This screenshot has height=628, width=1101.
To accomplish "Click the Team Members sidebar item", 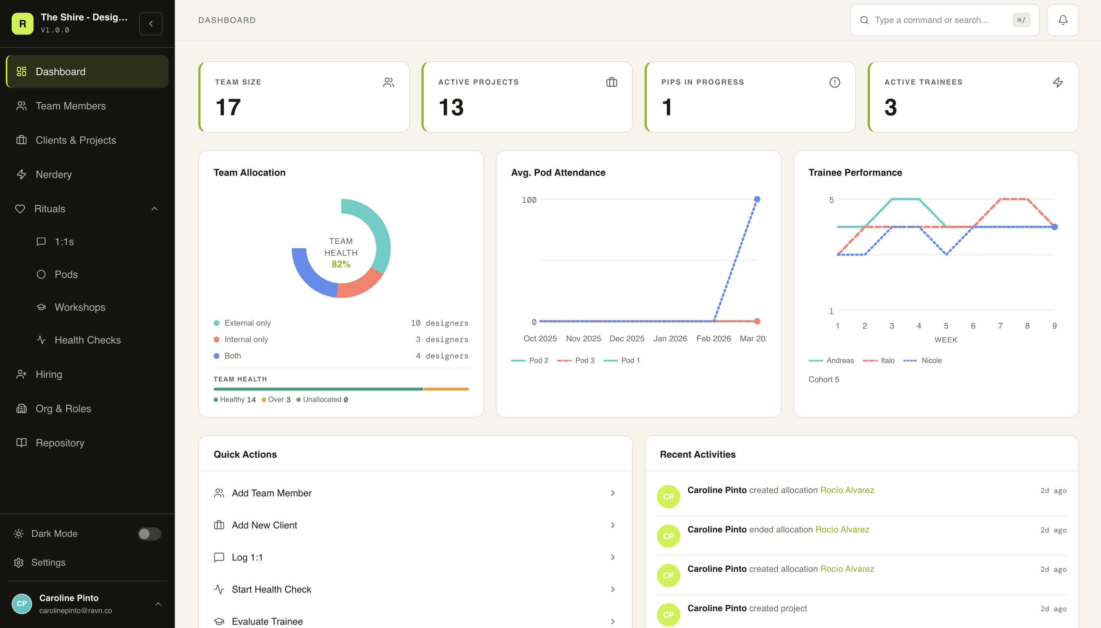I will (70, 106).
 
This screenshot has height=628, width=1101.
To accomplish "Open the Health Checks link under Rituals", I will (87, 340).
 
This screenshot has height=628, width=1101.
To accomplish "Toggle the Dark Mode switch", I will (149, 534).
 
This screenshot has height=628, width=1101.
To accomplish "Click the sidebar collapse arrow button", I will (151, 24).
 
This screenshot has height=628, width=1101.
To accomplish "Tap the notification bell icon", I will (1063, 20).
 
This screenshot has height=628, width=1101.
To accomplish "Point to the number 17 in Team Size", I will (228, 107).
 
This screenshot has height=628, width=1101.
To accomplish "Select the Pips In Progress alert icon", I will (834, 82).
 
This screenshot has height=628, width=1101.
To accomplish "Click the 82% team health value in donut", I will (341, 264).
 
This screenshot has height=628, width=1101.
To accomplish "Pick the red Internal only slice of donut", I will (360, 285).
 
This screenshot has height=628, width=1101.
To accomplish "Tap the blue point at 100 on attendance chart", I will (757, 199).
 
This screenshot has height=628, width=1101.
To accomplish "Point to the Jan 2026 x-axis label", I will (670, 338).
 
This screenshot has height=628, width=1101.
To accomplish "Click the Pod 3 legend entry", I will (584, 361).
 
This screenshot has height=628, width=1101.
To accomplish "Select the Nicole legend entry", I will (931, 361).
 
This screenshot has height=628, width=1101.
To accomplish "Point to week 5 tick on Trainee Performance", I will (946, 326).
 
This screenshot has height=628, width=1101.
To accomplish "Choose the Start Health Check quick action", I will (271, 590).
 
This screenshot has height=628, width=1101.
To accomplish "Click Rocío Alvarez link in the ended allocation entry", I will (842, 530).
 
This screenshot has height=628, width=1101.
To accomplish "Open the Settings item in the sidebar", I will (48, 563).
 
